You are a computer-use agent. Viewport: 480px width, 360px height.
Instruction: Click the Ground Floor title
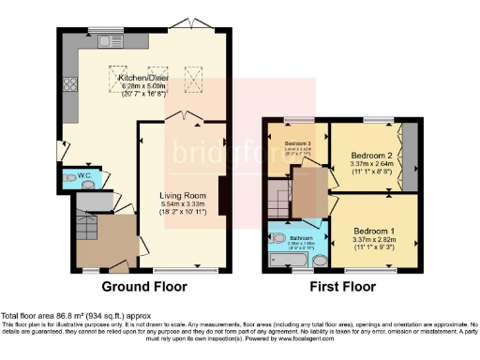coord(143,286)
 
